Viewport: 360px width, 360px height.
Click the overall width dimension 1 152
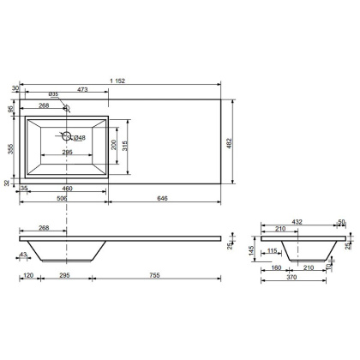(117, 81)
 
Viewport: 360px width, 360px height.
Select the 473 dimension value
(82, 90)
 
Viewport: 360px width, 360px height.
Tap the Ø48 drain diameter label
(80, 138)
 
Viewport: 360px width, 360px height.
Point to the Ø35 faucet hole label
(53, 93)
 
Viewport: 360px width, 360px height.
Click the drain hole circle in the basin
(67, 136)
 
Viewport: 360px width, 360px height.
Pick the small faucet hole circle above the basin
(67, 108)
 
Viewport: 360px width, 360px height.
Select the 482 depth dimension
(230, 143)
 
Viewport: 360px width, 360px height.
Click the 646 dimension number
(163, 198)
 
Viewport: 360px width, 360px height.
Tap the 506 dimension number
(62, 198)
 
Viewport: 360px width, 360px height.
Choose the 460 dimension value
(67, 189)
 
